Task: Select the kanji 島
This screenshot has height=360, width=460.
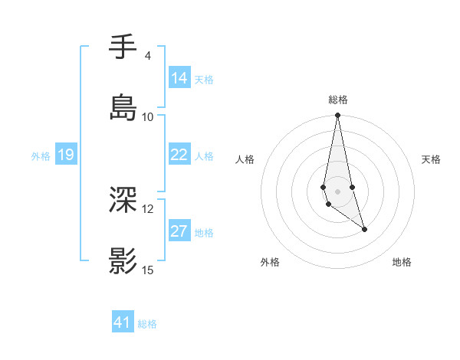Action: [x=123, y=107]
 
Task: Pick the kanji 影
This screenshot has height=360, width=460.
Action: [x=123, y=261]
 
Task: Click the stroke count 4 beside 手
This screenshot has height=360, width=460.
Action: [x=147, y=56]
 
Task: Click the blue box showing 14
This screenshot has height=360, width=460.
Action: [x=179, y=78]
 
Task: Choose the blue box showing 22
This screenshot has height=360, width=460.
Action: [x=179, y=155]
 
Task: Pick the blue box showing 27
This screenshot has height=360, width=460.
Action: [x=179, y=231]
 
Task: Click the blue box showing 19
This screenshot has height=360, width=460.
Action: [x=65, y=155]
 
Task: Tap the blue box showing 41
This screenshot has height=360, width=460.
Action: [x=123, y=322]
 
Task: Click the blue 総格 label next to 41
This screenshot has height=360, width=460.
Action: [x=147, y=324]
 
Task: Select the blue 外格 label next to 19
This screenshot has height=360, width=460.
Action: [x=41, y=156]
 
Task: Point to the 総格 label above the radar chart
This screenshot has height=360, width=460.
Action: [x=338, y=100]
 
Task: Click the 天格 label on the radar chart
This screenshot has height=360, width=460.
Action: [x=431, y=159]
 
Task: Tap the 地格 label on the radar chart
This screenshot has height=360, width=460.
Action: [x=402, y=263]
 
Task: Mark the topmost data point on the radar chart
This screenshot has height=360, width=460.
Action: [x=337, y=116]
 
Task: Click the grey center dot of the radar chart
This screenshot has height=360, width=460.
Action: [x=337, y=191]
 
